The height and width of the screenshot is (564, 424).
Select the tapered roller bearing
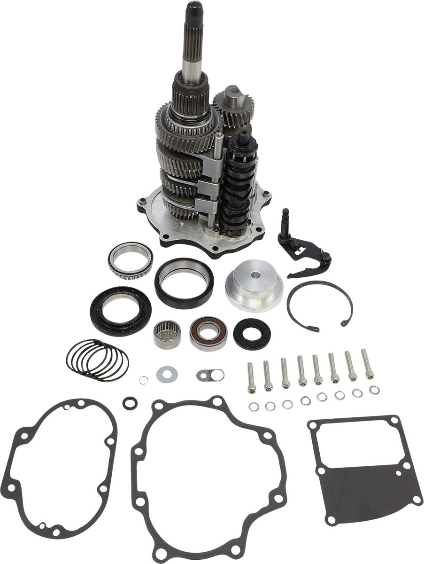(x=130, y=259)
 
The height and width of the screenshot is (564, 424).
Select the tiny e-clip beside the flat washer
(x=143, y=379)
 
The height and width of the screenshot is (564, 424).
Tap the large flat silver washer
(x=167, y=375)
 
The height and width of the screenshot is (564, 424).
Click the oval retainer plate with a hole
(x=210, y=375)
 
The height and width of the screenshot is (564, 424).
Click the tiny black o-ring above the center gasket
(x=130, y=403)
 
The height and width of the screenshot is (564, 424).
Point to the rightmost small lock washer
(x=374, y=390)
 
